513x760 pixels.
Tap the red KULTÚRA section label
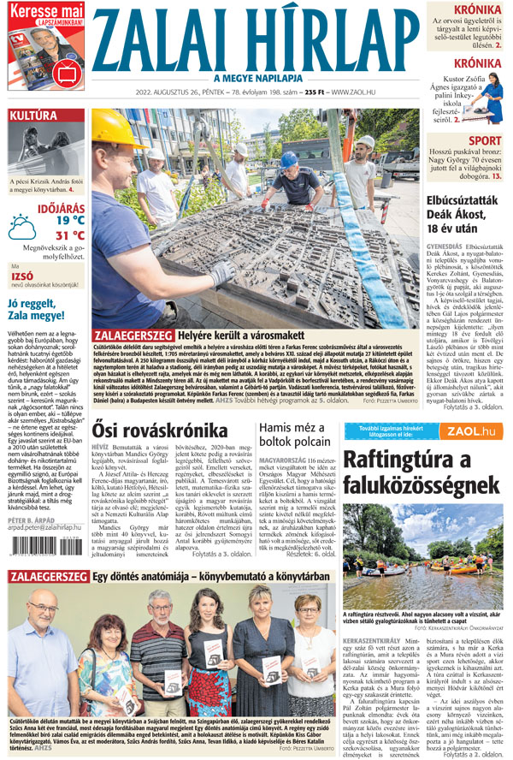[x=34, y=116]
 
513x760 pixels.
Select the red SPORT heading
[x=485, y=140]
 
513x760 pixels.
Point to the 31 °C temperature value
[x=70, y=235]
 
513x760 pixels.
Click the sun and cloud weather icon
[x=23, y=227]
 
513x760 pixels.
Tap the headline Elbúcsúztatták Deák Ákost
[x=463, y=210]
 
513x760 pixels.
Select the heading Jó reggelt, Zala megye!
[x=39, y=309]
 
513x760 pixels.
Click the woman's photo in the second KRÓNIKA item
[x=491, y=97]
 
